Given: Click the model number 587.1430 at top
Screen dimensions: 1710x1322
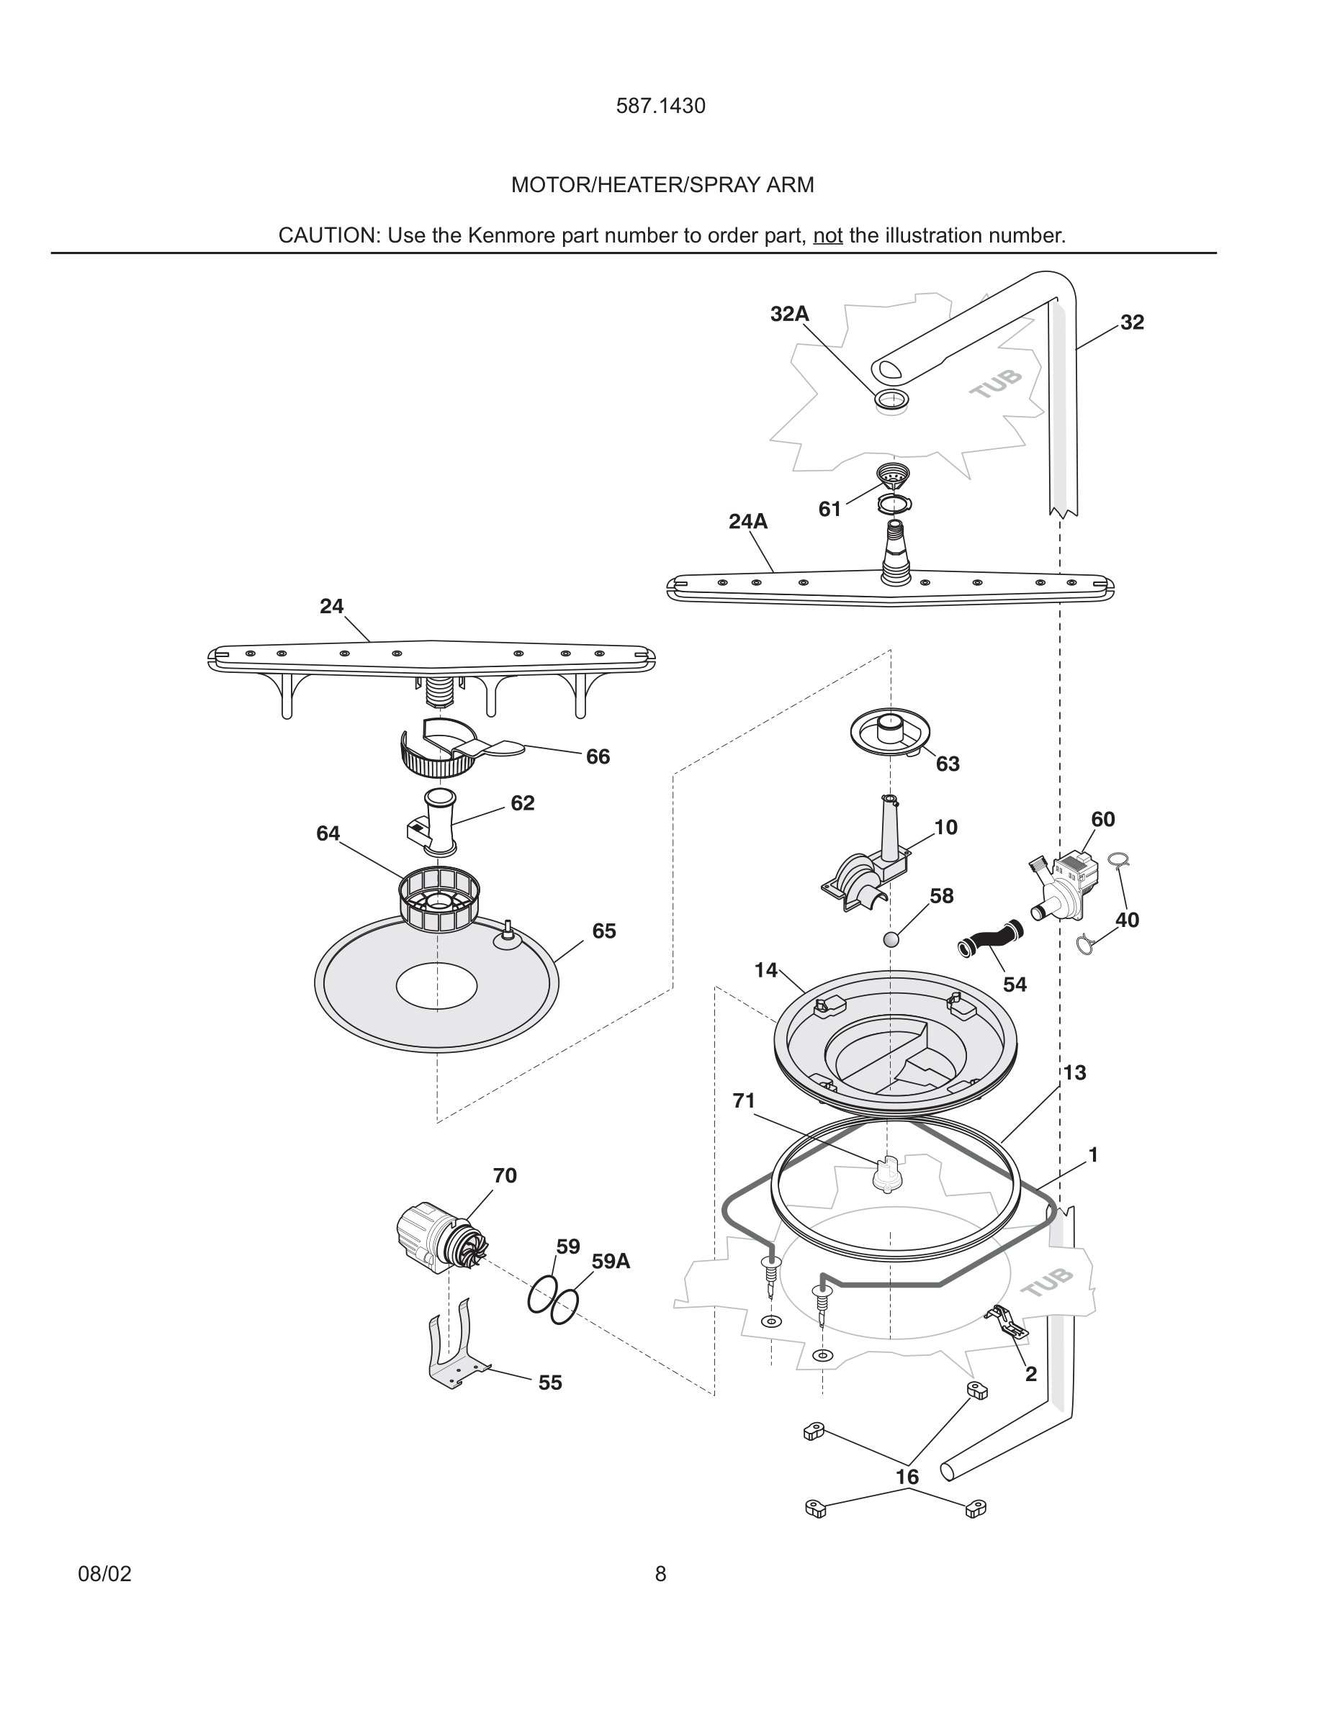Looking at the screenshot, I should [x=660, y=107].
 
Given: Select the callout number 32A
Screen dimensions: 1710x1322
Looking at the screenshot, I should [x=789, y=314].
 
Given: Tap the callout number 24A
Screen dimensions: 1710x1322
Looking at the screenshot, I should [x=748, y=522].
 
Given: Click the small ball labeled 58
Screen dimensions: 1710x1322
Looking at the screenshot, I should [x=891, y=939].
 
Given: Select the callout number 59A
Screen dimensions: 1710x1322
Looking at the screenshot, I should [x=611, y=1262].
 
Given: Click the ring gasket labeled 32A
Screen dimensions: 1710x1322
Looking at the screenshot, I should [x=892, y=399].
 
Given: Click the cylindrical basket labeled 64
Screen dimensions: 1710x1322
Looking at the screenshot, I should [x=439, y=900].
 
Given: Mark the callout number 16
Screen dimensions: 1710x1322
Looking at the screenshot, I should [x=907, y=1477].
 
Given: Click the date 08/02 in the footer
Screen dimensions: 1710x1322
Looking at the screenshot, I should [x=104, y=1574].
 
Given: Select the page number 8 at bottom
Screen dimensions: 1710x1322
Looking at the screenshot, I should [x=660, y=1574].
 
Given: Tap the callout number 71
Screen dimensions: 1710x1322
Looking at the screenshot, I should [x=743, y=1101].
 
